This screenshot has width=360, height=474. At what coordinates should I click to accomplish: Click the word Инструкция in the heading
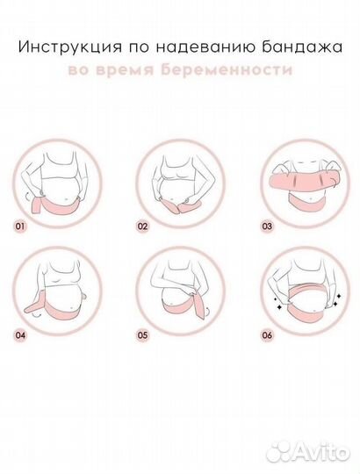tap(72, 46)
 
